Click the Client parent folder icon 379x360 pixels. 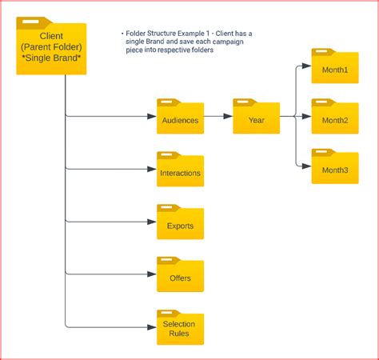pyautogui.click(x=51, y=48)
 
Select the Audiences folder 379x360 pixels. pyautogui.click(x=180, y=117)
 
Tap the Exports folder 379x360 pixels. pyautogui.click(x=180, y=223)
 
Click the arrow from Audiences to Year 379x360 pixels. pyautogui.click(x=218, y=117)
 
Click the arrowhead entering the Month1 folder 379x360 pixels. pyautogui.click(x=307, y=66)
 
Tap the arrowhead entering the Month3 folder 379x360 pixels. pyautogui.click(x=307, y=166)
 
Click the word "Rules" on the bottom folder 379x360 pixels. pyautogui.click(x=180, y=333)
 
